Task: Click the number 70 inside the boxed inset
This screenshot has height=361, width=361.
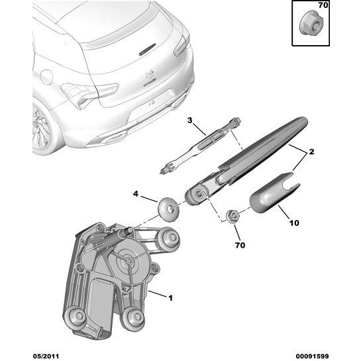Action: point(323,5)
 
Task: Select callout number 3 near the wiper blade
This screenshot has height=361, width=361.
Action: point(189,120)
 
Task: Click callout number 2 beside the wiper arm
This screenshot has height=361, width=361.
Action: point(311,152)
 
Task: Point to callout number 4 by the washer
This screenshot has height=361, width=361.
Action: point(136,194)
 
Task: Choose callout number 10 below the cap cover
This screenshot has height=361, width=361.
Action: point(294,223)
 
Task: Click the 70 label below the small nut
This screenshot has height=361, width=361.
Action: point(240,245)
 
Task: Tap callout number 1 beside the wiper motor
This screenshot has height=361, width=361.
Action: point(170,298)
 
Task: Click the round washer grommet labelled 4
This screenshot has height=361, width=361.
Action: point(168,209)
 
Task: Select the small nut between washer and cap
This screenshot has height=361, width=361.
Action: point(232,216)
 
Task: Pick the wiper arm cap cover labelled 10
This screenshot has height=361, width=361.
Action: point(274,193)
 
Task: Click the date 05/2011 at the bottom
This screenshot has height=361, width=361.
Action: point(46,356)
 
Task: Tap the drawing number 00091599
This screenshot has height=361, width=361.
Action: point(312,356)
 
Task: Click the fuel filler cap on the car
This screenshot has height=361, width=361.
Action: point(46,77)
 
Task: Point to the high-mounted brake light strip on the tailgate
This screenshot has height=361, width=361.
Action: point(147,49)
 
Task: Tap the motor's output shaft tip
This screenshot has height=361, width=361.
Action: point(130,230)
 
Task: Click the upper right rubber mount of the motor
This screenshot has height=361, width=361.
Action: point(171,238)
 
